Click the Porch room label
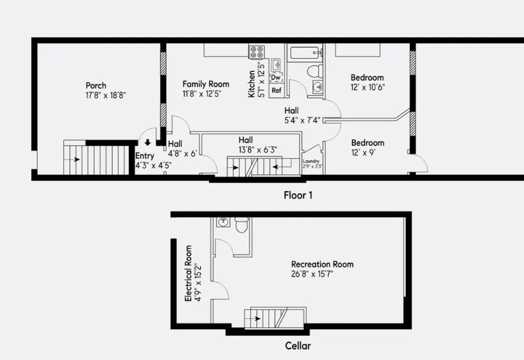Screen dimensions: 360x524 coord(96,86)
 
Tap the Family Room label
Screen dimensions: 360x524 coord(206,84)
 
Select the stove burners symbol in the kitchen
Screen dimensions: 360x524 coord(257,51)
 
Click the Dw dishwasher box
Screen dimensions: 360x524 coord(276,78)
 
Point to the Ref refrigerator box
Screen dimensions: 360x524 coord(276,90)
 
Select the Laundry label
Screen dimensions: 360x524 coord(312,161)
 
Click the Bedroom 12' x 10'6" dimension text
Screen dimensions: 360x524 coord(367,88)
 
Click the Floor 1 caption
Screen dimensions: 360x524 coord(298,195)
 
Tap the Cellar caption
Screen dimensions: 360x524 coord(298,346)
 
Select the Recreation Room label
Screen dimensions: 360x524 coord(322,264)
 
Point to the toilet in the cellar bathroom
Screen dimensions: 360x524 coord(242,225)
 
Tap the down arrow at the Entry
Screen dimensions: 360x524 coord(147,142)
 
